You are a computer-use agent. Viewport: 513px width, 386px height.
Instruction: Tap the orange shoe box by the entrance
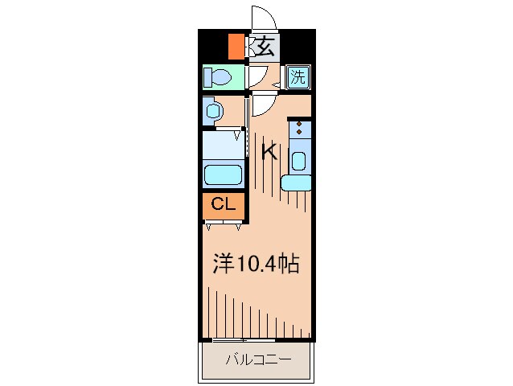pyautogui.click(x=236, y=47)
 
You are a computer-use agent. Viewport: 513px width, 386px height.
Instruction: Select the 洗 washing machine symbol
pyautogui.click(x=298, y=77)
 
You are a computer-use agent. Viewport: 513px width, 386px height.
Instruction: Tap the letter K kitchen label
pyautogui.click(x=269, y=152)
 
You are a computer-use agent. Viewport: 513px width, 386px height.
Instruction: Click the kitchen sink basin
pyautogui.click(x=298, y=161)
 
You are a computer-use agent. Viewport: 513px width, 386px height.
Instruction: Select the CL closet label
pyautogui.click(x=223, y=204)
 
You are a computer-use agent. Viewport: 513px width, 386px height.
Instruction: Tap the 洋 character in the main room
pyautogui.click(x=224, y=264)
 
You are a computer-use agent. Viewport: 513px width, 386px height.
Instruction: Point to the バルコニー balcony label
pyautogui.click(x=256, y=359)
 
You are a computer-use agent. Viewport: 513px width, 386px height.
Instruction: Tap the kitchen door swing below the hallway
pyautogui.click(x=263, y=104)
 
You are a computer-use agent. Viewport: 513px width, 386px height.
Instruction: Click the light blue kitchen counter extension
pyautogui.click(x=296, y=183)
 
